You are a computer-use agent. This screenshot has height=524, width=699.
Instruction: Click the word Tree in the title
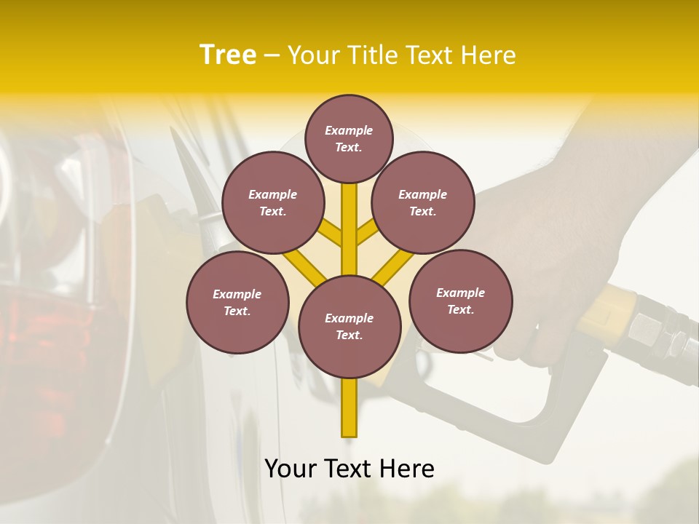228,55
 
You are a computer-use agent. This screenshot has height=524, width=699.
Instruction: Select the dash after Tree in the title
272,56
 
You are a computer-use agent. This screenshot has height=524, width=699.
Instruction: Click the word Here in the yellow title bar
487,55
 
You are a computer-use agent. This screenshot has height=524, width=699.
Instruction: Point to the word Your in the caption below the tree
291,469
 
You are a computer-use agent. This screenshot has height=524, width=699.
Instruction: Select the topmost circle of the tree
349,138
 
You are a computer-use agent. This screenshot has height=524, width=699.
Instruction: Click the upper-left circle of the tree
272,202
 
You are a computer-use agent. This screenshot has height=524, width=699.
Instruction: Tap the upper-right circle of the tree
422,202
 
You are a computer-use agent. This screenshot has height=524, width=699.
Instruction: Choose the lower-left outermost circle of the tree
237,302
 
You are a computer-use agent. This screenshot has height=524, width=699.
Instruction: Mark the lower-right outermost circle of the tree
460,301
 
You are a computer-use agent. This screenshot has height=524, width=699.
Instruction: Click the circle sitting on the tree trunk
349,326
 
